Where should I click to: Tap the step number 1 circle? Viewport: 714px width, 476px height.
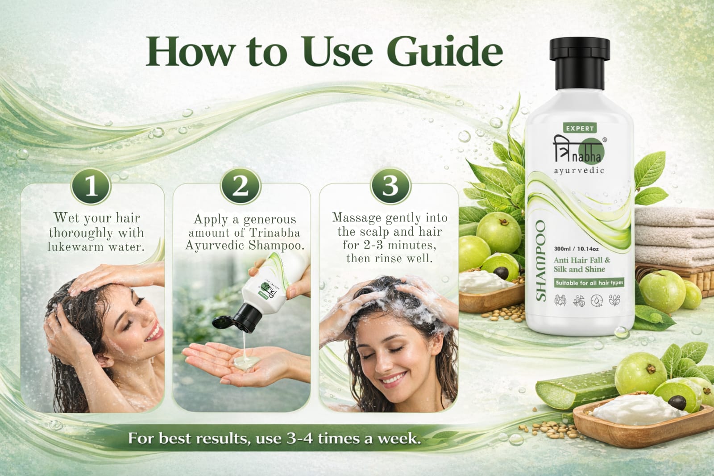[x=91, y=186]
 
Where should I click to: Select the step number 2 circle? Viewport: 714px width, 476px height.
[x=241, y=186]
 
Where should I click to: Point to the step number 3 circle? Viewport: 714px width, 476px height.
[x=390, y=186]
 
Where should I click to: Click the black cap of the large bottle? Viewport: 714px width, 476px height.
[x=580, y=63]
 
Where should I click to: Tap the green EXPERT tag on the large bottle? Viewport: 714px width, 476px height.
[x=580, y=128]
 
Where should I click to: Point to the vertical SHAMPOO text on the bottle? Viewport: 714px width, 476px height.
[x=540, y=261]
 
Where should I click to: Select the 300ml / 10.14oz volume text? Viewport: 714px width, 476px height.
[x=576, y=249]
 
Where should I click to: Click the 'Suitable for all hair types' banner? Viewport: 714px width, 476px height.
[x=589, y=283]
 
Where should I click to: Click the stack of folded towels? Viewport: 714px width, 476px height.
[x=674, y=236]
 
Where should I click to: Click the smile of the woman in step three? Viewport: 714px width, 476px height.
[x=394, y=379]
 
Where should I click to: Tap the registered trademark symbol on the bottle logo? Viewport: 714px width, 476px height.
[x=605, y=139]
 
